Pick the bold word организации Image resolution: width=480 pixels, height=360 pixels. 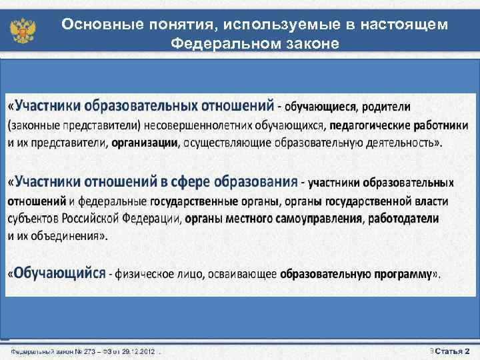point(145,142)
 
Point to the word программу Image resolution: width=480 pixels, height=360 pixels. point(397,273)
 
